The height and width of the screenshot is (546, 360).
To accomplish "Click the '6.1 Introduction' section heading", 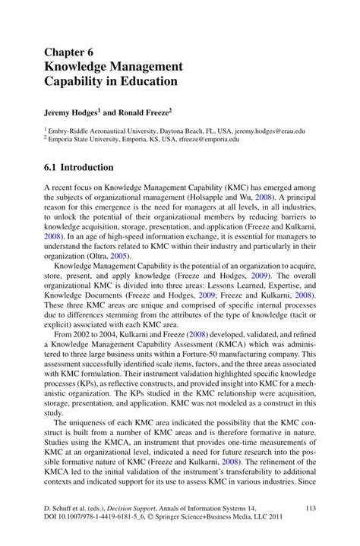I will (x=79, y=167).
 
